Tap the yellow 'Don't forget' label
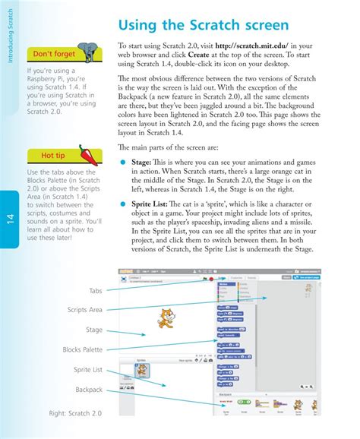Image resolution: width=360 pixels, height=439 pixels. (53, 54)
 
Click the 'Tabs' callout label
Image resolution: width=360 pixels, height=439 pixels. (94, 291)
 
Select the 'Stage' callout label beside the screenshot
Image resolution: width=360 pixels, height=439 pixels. (93, 330)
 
